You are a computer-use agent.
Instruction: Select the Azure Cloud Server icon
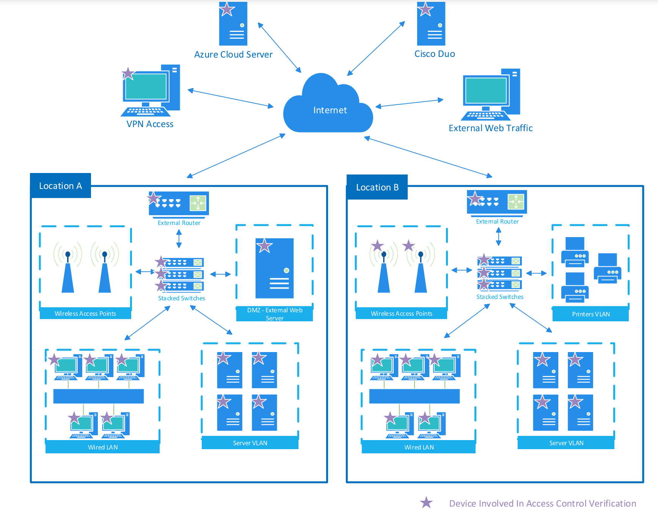tap(233, 24)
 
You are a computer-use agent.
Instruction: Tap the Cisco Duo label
tap(435, 54)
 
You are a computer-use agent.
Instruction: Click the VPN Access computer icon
tap(151, 91)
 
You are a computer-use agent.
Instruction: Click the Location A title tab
tap(60, 186)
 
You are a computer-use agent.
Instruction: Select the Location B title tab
tap(377, 187)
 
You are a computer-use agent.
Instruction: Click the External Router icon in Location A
tap(179, 203)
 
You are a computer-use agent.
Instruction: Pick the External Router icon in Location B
tap(497, 202)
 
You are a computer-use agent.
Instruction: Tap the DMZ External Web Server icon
tap(275, 268)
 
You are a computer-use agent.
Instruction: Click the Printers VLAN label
tap(590, 314)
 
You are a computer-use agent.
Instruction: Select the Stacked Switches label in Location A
tap(181, 299)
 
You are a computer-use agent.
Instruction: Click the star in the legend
tap(426, 503)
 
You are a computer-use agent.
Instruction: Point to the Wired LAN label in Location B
tap(419, 447)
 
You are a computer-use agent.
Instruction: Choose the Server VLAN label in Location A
tap(250, 443)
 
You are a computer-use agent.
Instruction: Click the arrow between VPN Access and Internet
tap(231, 98)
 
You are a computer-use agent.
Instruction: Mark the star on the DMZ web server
tap(264, 246)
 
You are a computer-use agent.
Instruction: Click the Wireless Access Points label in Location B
tap(401, 314)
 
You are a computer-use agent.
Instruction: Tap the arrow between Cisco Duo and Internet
tap(376, 49)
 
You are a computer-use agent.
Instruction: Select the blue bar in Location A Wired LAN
tap(99, 396)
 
